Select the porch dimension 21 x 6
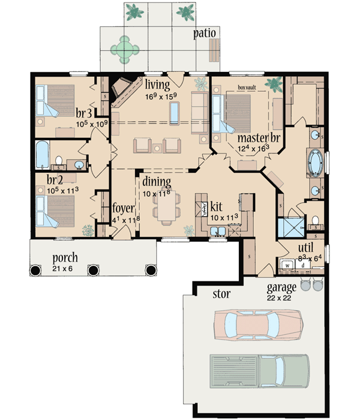pos(65,268)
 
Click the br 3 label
pos(83,112)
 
